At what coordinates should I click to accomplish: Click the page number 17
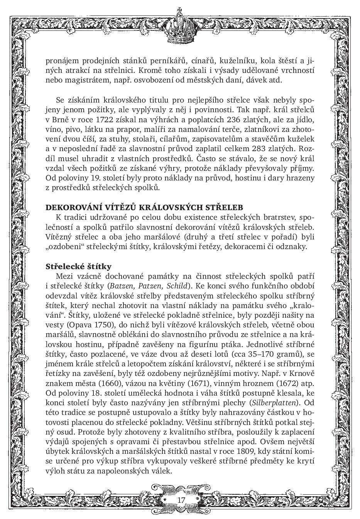(181, 500)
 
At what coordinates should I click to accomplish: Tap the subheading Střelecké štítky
(78, 266)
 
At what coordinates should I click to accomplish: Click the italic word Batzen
(121, 286)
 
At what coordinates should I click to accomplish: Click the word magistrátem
(80, 81)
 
